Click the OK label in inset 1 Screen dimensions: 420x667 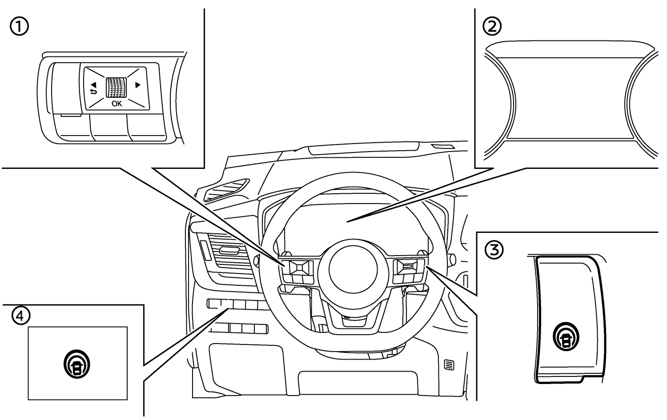click(117, 104)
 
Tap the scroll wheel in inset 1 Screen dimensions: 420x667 click(116, 87)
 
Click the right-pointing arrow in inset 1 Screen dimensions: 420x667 click(138, 85)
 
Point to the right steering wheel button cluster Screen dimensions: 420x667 click(408, 271)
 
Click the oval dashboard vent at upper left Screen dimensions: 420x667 click(226, 188)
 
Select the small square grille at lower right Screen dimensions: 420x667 click(449, 365)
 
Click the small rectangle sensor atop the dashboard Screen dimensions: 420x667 click(442, 147)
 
